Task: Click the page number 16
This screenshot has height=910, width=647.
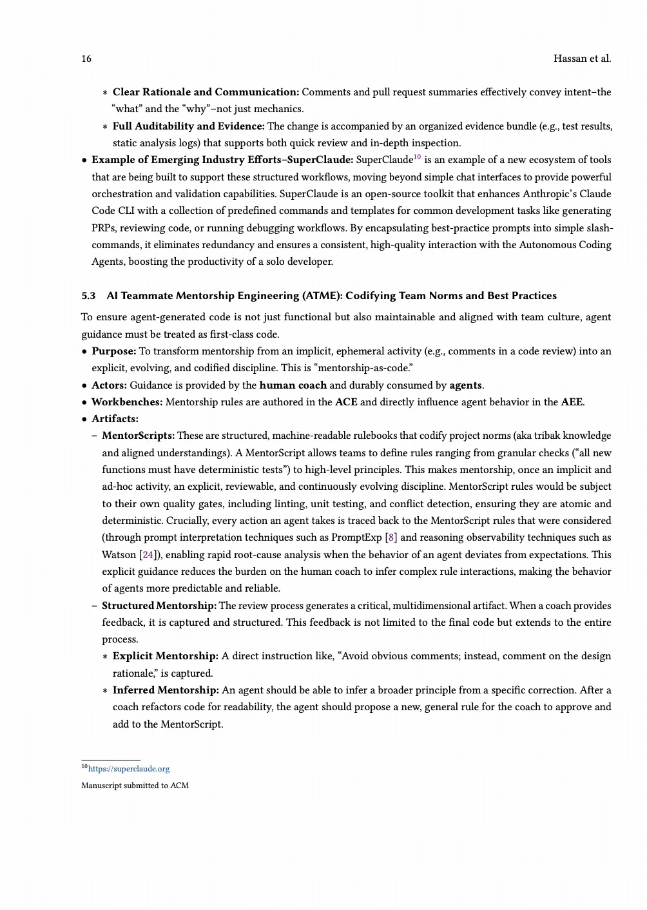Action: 86,59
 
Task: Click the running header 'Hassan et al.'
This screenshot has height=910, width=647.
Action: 582,59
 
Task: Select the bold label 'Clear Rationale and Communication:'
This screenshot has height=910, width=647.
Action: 206,92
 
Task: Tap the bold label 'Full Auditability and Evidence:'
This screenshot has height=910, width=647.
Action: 188,126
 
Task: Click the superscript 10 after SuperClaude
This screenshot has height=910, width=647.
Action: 417,157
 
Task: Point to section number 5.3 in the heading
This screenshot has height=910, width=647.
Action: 88,296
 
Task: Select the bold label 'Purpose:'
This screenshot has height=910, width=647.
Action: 113,351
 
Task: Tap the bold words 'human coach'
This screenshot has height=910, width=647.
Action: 293,385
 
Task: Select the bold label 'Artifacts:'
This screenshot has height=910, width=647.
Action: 115,419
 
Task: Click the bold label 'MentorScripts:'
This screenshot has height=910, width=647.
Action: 138,436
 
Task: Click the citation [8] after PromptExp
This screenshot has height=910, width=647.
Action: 391,537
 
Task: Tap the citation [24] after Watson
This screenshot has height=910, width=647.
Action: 148,555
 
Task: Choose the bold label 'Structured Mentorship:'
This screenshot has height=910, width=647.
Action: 159,606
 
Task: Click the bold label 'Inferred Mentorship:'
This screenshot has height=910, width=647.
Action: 166,690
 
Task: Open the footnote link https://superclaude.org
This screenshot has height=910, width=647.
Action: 128,769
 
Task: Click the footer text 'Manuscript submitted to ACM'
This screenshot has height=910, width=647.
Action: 135,786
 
